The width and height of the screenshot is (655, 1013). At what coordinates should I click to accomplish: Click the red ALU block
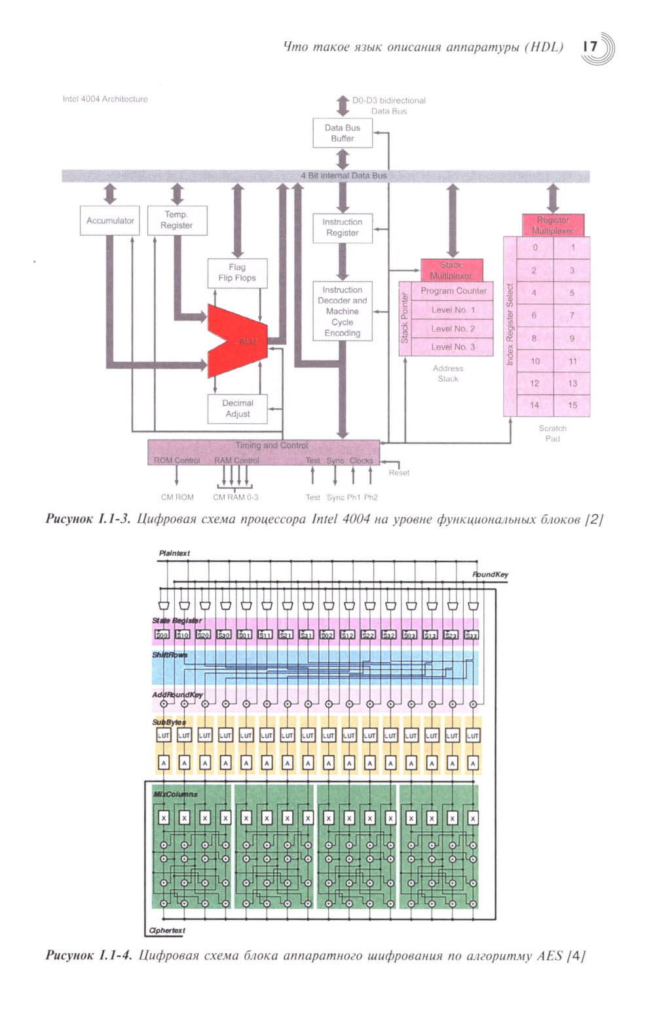[x=239, y=341]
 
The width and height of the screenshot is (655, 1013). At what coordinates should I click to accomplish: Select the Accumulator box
[x=110, y=221]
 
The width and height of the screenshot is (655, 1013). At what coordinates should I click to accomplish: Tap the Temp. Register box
[x=177, y=220]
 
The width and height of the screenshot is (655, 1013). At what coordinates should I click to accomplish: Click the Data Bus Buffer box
[x=342, y=133]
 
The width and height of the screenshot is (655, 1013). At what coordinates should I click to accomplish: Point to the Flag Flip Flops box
[x=237, y=273]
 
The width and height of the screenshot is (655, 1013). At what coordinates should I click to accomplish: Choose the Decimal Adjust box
[x=237, y=408]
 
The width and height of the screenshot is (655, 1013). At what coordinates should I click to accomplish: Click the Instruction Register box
[x=342, y=227]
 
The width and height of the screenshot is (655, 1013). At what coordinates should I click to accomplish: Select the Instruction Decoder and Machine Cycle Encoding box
[x=342, y=311]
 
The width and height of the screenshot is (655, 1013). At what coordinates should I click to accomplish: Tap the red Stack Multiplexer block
[x=451, y=270]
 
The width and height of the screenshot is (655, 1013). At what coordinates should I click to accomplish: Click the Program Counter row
[x=453, y=291]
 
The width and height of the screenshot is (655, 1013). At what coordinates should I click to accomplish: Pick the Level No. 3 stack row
[x=453, y=347]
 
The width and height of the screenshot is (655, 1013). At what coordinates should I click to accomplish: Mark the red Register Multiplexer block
[x=553, y=225]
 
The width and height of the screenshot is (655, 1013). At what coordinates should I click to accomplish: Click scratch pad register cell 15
[x=572, y=405]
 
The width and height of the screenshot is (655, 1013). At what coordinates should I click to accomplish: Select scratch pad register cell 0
[x=535, y=248]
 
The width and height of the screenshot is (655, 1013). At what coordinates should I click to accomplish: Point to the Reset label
[x=399, y=472]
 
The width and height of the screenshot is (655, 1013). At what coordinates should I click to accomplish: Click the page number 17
[x=591, y=47]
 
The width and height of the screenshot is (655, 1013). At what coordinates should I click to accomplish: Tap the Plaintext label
[x=174, y=554]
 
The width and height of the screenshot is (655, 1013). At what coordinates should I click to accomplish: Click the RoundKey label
[x=491, y=575]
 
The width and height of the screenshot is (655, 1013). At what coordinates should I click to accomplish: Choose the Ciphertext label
[x=167, y=930]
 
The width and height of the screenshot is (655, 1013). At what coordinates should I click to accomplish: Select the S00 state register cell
[x=162, y=635]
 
